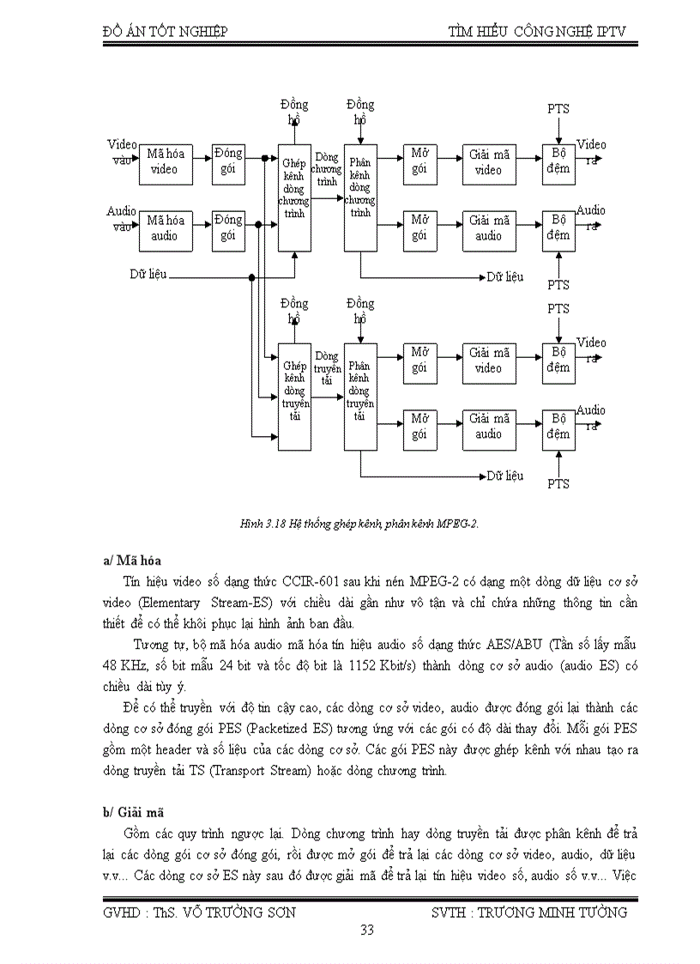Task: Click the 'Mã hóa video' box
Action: tap(164, 162)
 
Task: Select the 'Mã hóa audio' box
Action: tap(164, 228)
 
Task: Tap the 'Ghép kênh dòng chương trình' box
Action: tap(294, 197)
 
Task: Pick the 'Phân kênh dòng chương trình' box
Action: tap(360, 197)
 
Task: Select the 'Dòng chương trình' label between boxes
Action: tap(327, 170)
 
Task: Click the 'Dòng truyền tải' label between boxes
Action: tap(327, 367)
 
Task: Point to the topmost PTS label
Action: tap(558, 109)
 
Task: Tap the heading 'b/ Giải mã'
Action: tap(133, 811)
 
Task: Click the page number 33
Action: tap(367, 930)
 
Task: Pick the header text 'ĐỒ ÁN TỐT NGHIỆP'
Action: tap(166, 32)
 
